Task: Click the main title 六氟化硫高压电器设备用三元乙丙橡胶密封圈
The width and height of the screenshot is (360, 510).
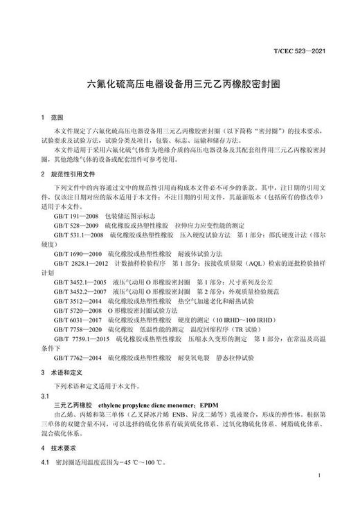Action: (x=179, y=82)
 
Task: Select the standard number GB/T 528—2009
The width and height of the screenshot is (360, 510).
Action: (x=73, y=226)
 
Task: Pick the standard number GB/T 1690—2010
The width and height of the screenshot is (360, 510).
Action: (x=75, y=255)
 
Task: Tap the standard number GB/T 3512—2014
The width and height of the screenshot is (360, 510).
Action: (x=75, y=302)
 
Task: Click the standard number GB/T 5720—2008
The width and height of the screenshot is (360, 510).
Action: (x=75, y=312)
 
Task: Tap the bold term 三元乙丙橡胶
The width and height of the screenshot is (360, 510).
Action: (x=74, y=404)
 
